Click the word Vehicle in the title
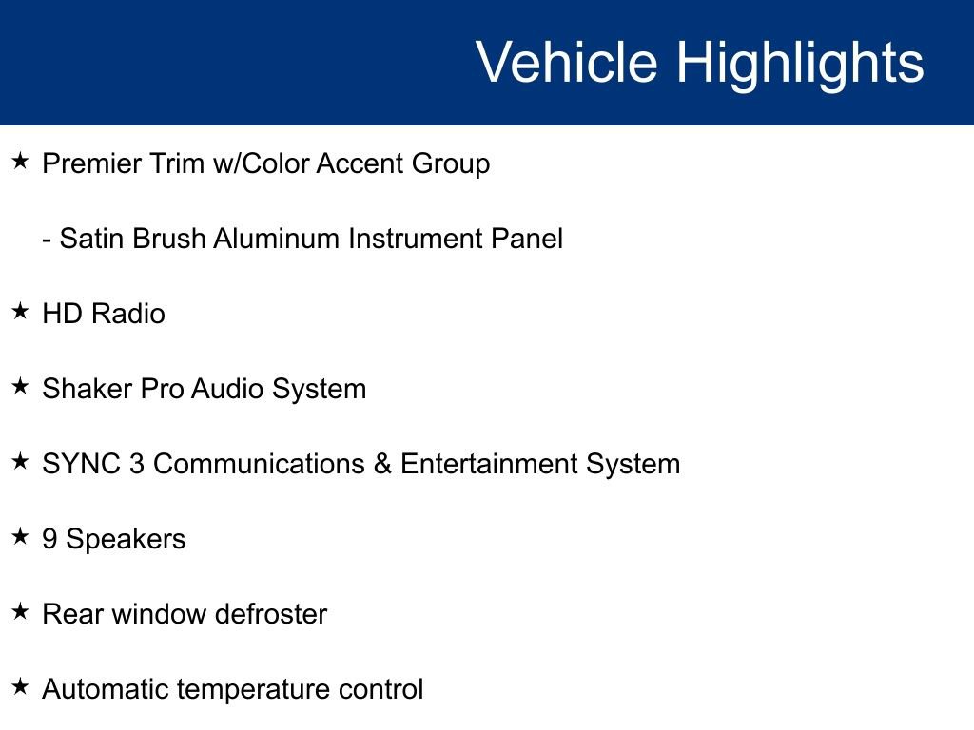tap(567, 62)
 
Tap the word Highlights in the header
tap(800, 65)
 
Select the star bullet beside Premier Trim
tap(21, 162)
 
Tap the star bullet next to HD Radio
tap(21, 311)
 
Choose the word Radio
tap(128, 314)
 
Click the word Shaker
tap(87, 389)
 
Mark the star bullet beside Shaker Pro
tap(21, 386)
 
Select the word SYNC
tap(82, 464)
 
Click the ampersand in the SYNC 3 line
tap(382, 464)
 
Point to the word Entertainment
tap(489, 464)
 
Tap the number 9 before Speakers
tap(49, 539)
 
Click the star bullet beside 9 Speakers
tap(21, 536)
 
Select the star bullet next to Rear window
tap(21, 611)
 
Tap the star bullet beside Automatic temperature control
tap(21, 686)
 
